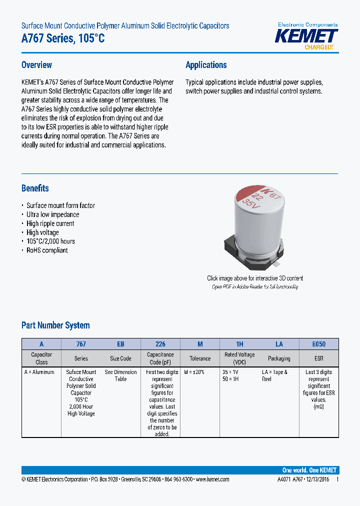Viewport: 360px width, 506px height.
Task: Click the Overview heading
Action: (36, 65)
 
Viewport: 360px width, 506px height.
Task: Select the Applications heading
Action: (206, 65)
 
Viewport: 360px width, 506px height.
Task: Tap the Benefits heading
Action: (35, 188)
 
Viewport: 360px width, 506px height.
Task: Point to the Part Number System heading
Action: (55, 325)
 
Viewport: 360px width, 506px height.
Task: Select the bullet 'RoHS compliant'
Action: (47, 250)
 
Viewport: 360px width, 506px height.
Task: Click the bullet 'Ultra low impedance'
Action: (52, 214)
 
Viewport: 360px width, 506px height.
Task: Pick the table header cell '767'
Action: (81, 344)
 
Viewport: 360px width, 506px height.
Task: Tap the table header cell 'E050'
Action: (318, 344)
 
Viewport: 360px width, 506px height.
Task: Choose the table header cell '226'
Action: (160, 344)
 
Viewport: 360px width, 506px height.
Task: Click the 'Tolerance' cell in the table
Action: (200, 358)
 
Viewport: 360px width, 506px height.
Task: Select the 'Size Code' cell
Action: (120, 358)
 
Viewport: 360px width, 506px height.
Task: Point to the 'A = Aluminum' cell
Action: (39, 372)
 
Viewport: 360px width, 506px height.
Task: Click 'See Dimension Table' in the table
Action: (120, 375)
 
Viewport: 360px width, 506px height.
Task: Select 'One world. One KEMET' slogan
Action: (309, 470)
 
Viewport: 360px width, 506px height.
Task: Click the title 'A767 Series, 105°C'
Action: (63, 38)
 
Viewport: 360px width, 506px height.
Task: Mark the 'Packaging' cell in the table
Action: (279, 358)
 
